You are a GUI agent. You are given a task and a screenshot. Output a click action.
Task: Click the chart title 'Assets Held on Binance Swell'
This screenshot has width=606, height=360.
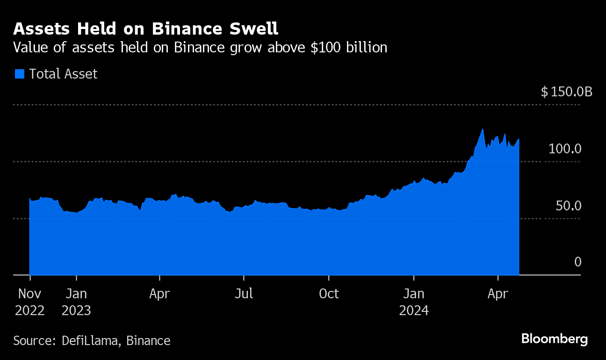coord(145,29)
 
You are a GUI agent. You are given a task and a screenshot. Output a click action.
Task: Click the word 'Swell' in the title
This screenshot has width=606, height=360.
coord(255,29)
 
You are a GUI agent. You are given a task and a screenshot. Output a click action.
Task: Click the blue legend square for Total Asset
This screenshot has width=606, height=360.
coord(19,74)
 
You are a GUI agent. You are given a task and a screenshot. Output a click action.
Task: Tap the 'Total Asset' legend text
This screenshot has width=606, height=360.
coord(63,74)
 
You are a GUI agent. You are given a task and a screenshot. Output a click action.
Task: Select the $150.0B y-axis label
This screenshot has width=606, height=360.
coord(566,92)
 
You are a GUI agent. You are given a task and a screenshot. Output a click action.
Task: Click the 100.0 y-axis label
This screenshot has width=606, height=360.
coord(565,149)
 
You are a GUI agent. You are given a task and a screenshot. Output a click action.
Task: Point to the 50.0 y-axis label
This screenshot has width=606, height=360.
coord(568,206)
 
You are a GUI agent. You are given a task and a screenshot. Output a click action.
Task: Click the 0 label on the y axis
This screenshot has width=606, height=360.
coord(577,262)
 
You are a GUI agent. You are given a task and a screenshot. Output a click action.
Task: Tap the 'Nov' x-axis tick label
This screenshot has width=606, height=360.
coord(30,294)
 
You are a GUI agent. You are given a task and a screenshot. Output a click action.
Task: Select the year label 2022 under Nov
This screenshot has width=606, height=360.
coord(30,310)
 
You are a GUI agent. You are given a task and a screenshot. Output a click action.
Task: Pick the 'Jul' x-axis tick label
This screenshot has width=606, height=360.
coord(244,294)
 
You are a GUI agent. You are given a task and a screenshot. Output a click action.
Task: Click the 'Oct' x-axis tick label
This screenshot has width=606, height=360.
coord(329,294)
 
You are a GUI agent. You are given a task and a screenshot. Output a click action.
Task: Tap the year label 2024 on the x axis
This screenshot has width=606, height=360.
coord(414,310)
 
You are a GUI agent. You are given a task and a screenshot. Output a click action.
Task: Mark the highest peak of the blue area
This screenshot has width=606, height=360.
coord(483,129)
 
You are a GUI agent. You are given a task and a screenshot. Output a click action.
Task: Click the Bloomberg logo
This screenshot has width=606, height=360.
coord(554,339)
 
